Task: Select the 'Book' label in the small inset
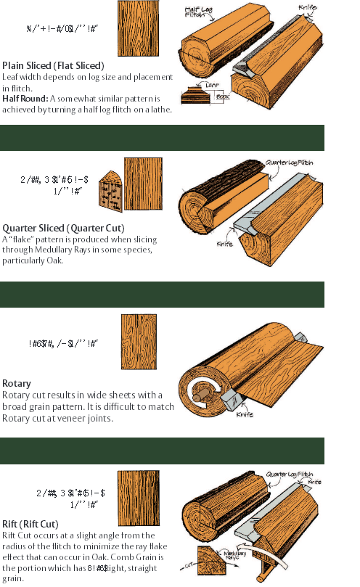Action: pyautogui.click(x=222, y=95)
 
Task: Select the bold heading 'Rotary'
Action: pyautogui.click(x=16, y=382)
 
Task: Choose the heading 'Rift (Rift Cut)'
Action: pyautogui.click(x=40, y=523)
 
